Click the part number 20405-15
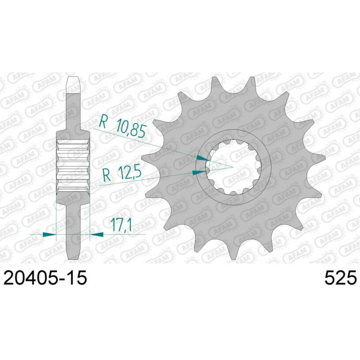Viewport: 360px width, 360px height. pos(45,278)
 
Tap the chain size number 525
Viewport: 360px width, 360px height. pos(341,278)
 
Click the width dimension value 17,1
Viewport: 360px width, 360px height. pos(121,225)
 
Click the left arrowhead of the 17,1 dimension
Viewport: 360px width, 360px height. pos(49,234)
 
